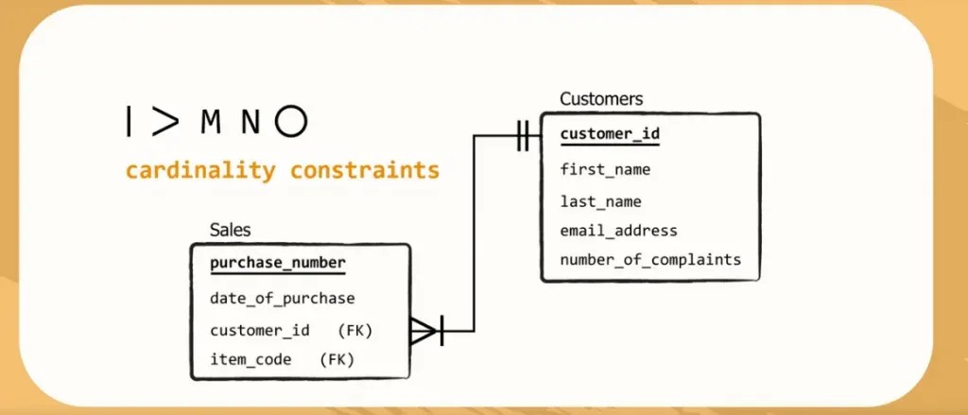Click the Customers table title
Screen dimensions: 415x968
click(x=601, y=98)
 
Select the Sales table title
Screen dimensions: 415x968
click(x=231, y=230)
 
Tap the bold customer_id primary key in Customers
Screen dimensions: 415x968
click(x=610, y=134)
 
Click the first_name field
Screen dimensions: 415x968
click(x=605, y=170)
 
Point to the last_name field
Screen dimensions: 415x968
click(x=601, y=201)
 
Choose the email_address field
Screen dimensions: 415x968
click(x=618, y=231)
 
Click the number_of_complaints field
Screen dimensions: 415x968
click(x=650, y=260)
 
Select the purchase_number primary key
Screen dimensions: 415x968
click(x=277, y=263)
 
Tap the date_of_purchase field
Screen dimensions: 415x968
click(x=283, y=299)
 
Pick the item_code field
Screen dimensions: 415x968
click(x=251, y=359)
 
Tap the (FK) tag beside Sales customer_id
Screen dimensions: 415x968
click(x=355, y=330)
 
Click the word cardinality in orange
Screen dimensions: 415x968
click(x=201, y=171)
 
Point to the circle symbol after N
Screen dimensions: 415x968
click(x=291, y=120)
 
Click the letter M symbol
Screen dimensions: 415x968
click(x=211, y=121)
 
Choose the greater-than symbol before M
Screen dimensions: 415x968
click(x=164, y=120)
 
